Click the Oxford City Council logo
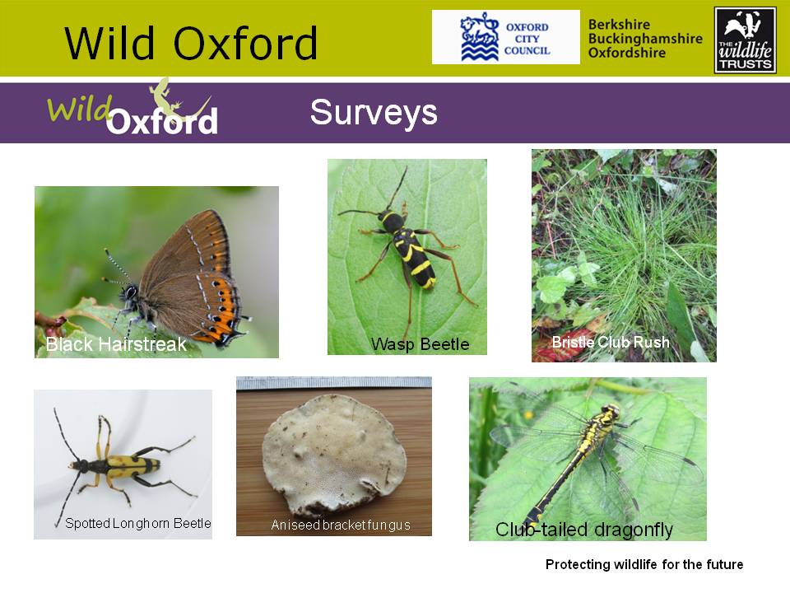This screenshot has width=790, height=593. pyautogui.click(x=506, y=37)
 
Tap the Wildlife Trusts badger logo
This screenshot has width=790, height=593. pyautogui.click(x=746, y=40)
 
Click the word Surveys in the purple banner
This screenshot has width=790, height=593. pyautogui.click(x=374, y=113)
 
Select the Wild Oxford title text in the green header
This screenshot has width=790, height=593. pyautogui.click(x=191, y=44)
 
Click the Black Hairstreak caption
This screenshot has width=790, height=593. pyautogui.click(x=116, y=344)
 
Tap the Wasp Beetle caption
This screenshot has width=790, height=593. pyautogui.click(x=421, y=344)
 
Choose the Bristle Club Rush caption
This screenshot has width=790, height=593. pyautogui.click(x=611, y=342)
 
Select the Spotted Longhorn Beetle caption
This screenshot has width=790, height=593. pyautogui.click(x=138, y=524)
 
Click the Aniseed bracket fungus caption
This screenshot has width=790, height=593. pyautogui.click(x=341, y=525)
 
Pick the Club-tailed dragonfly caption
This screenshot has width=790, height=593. pyautogui.click(x=584, y=530)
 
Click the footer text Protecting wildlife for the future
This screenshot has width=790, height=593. pyautogui.click(x=644, y=564)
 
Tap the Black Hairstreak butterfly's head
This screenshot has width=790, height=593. pyautogui.click(x=130, y=292)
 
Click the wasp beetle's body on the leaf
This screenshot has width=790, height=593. pyautogui.click(x=409, y=247)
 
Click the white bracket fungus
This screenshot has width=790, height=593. pyautogui.click(x=335, y=452)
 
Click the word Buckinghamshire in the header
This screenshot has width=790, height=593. pyautogui.click(x=645, y=39)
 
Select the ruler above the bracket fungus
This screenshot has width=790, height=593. pyautogui.click(x=334, y=383)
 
